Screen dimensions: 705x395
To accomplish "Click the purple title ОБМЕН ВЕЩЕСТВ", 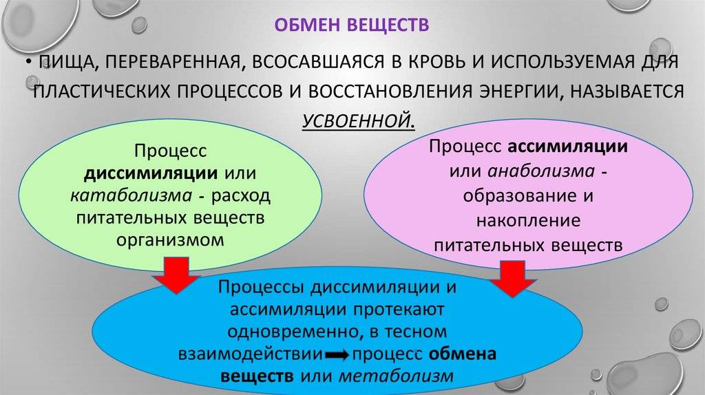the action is click(352, 25).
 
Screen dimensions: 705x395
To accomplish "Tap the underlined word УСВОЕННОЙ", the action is click(358, 120).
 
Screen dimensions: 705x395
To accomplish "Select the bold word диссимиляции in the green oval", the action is click(151, 173).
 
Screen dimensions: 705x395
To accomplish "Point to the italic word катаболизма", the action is click(131, 195).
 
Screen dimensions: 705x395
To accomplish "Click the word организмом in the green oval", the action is click(170, 240).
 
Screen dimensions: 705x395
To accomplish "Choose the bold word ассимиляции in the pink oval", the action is click(567, 147).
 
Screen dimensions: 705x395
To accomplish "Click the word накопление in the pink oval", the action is click(528, 221).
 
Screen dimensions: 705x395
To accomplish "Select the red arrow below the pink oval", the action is click(512, 279).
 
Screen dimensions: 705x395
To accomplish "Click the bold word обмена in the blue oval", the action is click(462, 354).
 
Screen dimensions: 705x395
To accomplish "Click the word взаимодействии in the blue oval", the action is click(251, 354).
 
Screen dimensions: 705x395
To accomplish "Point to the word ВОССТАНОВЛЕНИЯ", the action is click(390, 92).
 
